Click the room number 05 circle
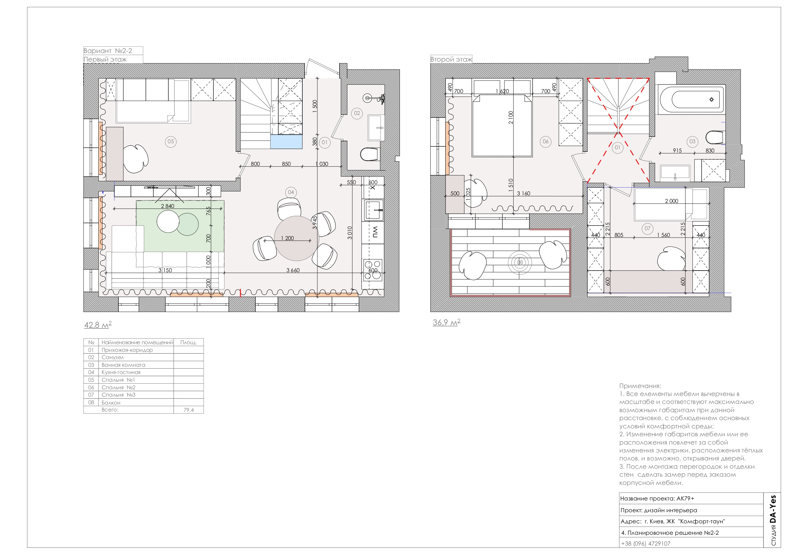coord(171,141)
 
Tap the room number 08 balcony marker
coord(520,263)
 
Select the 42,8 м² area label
coord(98,325)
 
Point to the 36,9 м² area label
coord(447,322)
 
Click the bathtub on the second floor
coord(691,99)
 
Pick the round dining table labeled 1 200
coord(297,238)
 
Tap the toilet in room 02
coord(370,154)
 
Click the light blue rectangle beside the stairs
coord(286,142)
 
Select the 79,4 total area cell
coord(188,410)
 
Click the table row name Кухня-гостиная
coord(121,372)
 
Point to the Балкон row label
coord(111,403)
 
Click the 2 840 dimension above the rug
coord(167,206)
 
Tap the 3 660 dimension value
coord(293,270)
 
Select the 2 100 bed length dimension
coord(511,117)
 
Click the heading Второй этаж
coord(451,59)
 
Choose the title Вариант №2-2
coord(108,51)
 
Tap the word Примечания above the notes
coord(640,386)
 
